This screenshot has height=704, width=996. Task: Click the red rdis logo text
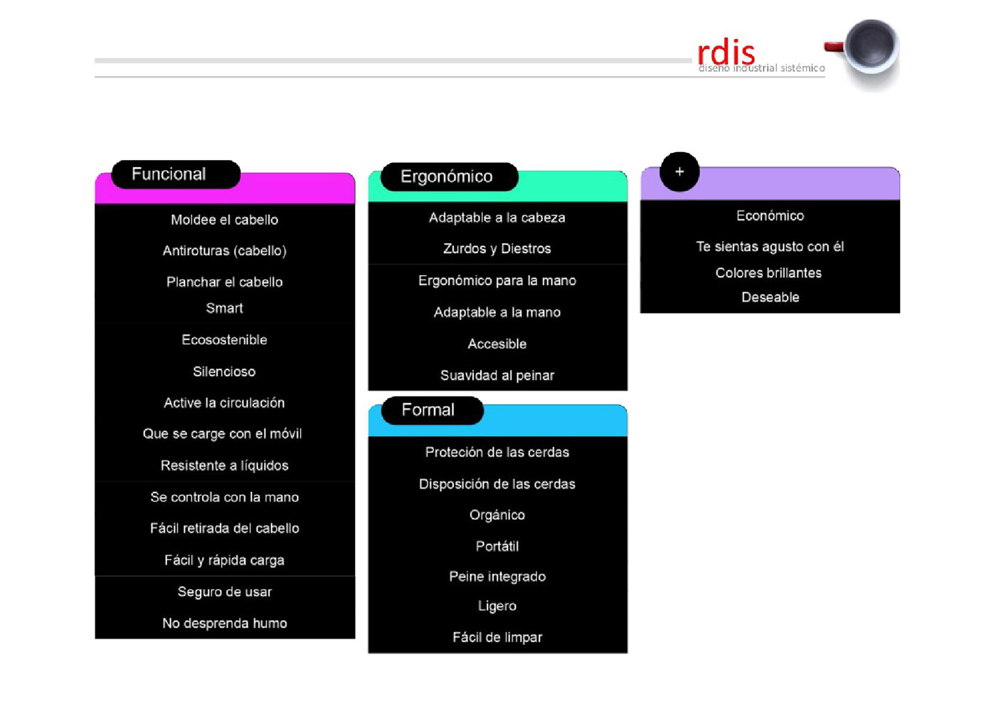pos(726,53)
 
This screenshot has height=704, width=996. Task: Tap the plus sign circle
pos(679,171)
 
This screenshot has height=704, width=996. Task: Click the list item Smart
pos(224,308)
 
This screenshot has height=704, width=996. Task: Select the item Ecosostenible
pos(224,340)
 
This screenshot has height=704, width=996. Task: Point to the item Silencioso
pos(224,371)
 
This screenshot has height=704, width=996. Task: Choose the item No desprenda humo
pos(224,623)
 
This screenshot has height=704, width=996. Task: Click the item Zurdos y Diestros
pos(497,248)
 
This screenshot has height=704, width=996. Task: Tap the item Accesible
pos(497,343)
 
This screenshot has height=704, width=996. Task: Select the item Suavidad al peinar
pos(497,375)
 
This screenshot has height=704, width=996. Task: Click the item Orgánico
pos(497,515)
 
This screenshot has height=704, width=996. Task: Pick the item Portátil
pos(497,546)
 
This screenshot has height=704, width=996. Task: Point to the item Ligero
pos(497,606)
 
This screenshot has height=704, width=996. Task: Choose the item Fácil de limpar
pos(497,637)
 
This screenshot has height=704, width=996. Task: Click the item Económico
pos(770,215)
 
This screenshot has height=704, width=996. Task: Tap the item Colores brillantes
pos(768,272)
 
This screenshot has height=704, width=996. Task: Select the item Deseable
pos(770,297)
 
